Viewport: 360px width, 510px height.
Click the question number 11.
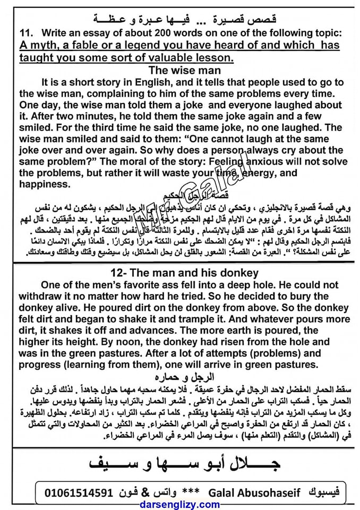pyautogui.click(x=27, y=33)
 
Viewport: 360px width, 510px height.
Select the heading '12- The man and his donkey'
pyautogui.click(x=181, y=273)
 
